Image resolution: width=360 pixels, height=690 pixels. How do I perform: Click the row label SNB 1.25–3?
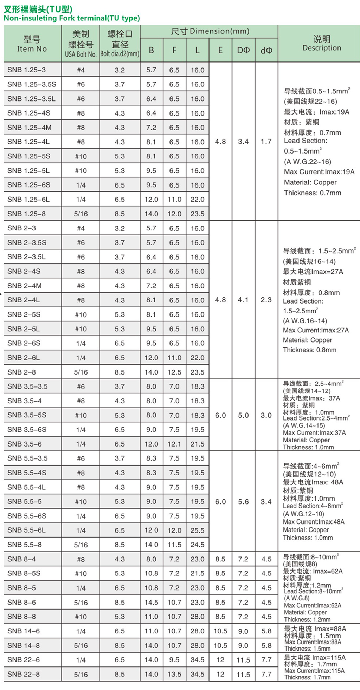(27, 70)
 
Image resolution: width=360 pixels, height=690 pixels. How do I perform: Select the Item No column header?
(32, 44)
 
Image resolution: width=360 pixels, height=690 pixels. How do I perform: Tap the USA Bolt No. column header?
(81, 44)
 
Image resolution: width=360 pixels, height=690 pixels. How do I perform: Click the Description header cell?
(322, 44)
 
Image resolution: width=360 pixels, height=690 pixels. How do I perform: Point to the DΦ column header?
(243, 50)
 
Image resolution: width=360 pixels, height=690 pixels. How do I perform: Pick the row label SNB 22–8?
(24, 674)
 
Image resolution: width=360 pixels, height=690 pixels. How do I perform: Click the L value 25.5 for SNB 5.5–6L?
(197, 530)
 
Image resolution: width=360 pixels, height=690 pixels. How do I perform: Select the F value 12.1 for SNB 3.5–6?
(174, 444)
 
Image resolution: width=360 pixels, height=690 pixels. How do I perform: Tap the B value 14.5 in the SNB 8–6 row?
(151, 602)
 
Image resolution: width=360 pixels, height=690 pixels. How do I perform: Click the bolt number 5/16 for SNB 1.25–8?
(81, 214)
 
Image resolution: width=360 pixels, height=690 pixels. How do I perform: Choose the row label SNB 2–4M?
(25, 286)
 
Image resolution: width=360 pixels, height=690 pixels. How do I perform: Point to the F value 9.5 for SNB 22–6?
(174, 659)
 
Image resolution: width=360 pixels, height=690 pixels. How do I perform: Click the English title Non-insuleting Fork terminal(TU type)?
(72, 18)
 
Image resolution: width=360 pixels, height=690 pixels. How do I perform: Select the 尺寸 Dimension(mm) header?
(210, 31)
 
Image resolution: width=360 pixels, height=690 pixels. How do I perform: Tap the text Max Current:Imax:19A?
(319, 172)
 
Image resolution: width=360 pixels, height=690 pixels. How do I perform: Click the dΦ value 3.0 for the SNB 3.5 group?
(266, 415)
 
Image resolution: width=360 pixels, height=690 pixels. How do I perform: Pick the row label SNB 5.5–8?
(25, 545)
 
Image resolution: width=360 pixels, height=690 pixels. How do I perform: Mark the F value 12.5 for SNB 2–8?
(174, 372)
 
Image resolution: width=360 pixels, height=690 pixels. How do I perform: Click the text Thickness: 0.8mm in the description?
(309, 350)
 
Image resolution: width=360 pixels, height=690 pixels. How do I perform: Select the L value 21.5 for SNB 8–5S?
(197, 573)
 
